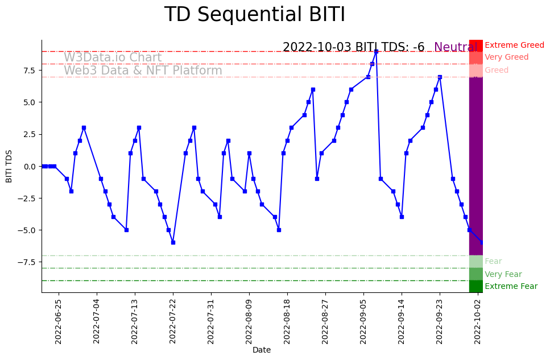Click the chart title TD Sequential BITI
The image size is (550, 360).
pos(254,15)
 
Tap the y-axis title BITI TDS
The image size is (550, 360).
pos(9,166)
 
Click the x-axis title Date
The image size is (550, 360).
pos(262,350)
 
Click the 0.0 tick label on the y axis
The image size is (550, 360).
pos(28,166)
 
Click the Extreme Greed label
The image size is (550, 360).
pos(514,45)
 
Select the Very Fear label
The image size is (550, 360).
pos(503,274)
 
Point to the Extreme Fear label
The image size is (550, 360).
pos(511,287)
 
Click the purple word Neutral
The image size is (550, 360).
pos(455,47)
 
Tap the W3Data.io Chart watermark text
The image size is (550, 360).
pos(113,57)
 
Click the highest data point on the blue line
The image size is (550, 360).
pos(376,51)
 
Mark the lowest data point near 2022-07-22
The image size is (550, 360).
pos(173,242)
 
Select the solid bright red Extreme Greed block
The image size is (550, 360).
pos(476,45)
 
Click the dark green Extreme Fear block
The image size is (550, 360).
pos(476,286)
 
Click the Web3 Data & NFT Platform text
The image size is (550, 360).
pos(143,71)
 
